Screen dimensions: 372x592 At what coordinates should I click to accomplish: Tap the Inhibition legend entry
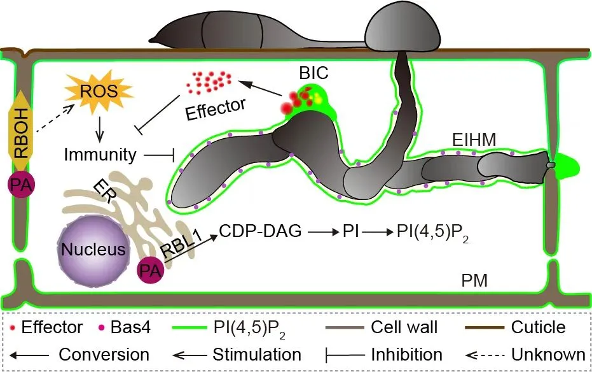tap(389, 354)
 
